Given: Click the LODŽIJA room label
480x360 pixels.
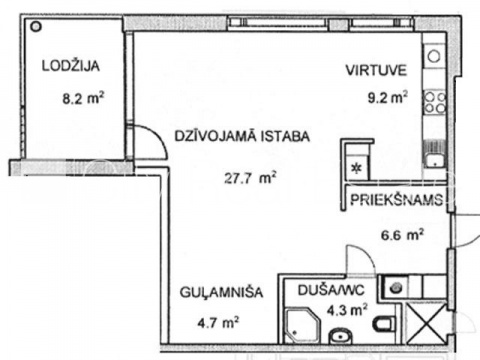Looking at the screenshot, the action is [71, 65].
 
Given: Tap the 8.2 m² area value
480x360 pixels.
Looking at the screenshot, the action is [83, 98].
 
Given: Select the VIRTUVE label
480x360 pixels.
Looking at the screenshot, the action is [376, 70].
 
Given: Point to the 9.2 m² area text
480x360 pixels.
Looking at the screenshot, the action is [387, 97].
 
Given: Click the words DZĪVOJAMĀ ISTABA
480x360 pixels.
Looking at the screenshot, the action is [242, 136].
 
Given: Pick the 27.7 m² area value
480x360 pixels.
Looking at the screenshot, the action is [250, 178].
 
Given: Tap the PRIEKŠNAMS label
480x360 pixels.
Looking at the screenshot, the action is [397, 199].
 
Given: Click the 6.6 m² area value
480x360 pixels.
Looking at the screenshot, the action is [402, 235].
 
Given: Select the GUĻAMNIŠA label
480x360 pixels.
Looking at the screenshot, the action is [221, 292].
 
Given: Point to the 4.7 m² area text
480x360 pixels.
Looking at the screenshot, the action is [218, 322].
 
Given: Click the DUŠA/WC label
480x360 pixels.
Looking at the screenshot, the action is [331, 290].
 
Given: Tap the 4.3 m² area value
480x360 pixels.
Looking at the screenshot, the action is [347, 310].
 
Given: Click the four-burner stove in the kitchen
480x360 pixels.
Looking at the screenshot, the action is [434, 102].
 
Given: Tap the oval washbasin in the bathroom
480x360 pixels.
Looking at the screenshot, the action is [340, 336].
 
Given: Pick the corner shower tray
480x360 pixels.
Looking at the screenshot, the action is [303, 325].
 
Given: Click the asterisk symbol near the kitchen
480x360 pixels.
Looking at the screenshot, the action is [357, 169].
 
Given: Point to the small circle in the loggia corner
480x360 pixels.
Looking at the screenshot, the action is [36, 26].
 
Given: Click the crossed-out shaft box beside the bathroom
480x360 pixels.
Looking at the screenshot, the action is [425, 323].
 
